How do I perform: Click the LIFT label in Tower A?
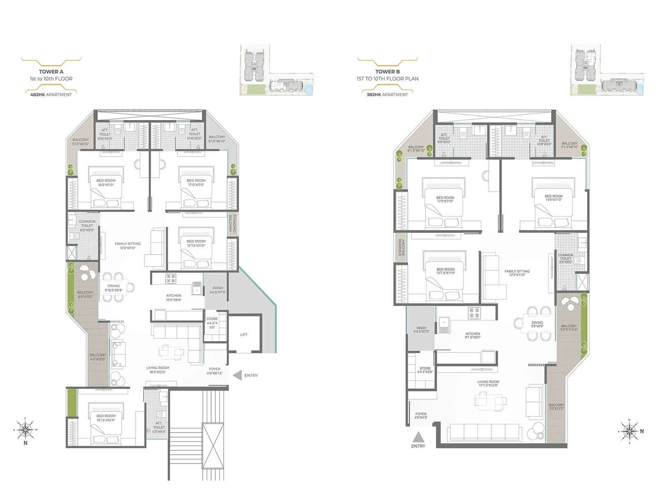(x=244, y=335)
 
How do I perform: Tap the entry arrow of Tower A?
(x=237, y=375)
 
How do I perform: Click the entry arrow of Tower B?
(x=418, y=436)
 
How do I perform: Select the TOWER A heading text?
(x=51, y=72)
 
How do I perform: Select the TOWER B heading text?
(x=387, y=72)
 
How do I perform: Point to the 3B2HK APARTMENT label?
(x=387, y=95)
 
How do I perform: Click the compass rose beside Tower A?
(x=25, y=429)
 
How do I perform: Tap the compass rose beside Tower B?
(x=629, y=431)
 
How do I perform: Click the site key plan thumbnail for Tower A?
(x=277, y=70)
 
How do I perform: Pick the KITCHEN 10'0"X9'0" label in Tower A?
(x=174, y=298)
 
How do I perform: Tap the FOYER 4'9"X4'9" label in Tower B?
(x=421, y=416)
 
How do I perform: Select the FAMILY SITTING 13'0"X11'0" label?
(x=128, y=246)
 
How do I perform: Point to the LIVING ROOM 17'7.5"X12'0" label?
(x=488, y=384)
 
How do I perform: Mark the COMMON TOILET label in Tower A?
(x=87, y=225)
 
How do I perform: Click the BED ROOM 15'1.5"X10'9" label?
(x=106, y=418)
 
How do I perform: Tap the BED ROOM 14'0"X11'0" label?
(x=553, y=198)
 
